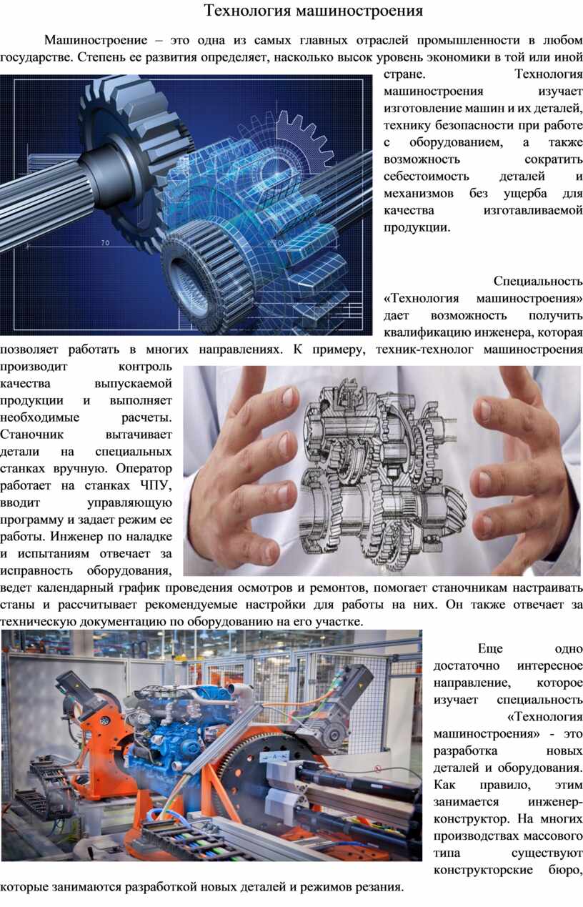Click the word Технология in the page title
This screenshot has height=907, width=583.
(x=247, y=11)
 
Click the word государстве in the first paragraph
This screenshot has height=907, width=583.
(x=37, y=57)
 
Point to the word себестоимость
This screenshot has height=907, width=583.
(x=427, y=176)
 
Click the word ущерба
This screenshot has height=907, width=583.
(x=525, y=194)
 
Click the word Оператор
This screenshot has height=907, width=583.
(x=144, y=468)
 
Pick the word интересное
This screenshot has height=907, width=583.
(x=550, y=665)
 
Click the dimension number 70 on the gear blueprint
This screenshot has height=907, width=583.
(x=105, y=243)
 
